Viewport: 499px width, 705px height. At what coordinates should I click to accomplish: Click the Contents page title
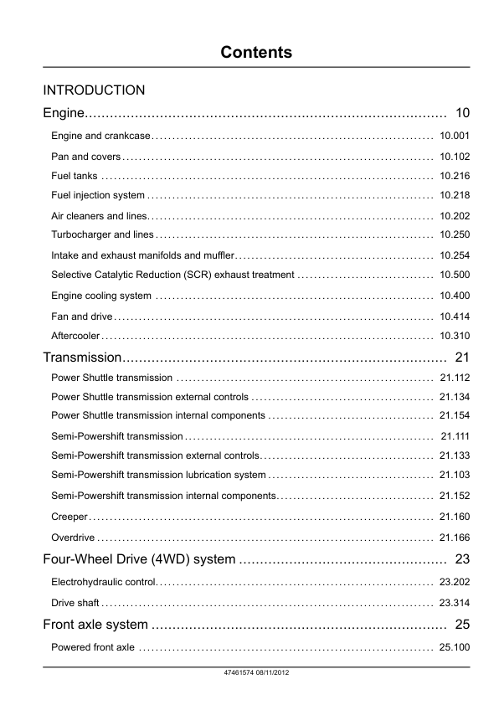coord(256,53)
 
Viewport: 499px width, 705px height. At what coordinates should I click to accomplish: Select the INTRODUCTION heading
coord(94,90)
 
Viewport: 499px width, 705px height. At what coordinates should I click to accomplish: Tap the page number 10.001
coord(455,136)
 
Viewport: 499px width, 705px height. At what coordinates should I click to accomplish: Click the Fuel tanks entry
coord(75,176)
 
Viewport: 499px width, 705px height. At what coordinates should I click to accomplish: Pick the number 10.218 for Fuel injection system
coord(455,196)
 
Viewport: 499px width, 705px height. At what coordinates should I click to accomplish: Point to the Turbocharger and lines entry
coord(102,234)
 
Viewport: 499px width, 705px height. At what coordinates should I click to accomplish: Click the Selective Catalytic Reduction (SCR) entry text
coord(172,275)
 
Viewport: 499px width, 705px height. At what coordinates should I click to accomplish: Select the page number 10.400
coord(455,296)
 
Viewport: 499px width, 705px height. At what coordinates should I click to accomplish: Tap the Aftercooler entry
coord(75,336)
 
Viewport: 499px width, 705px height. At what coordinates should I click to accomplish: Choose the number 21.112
coord(455,378)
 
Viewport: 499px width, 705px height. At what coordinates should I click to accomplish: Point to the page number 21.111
coord(455,436)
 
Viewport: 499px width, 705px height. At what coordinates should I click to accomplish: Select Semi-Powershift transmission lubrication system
coord(158,476)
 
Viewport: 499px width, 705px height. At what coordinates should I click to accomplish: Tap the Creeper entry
coord(69,517)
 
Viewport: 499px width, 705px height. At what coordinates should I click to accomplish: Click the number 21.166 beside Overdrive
coord(455,537)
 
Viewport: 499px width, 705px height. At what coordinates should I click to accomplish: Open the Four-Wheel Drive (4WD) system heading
coord(139,559)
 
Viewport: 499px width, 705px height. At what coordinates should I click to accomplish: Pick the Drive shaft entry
coord(75,603)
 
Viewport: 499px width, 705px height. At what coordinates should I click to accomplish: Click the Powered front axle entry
coord(92,647)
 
